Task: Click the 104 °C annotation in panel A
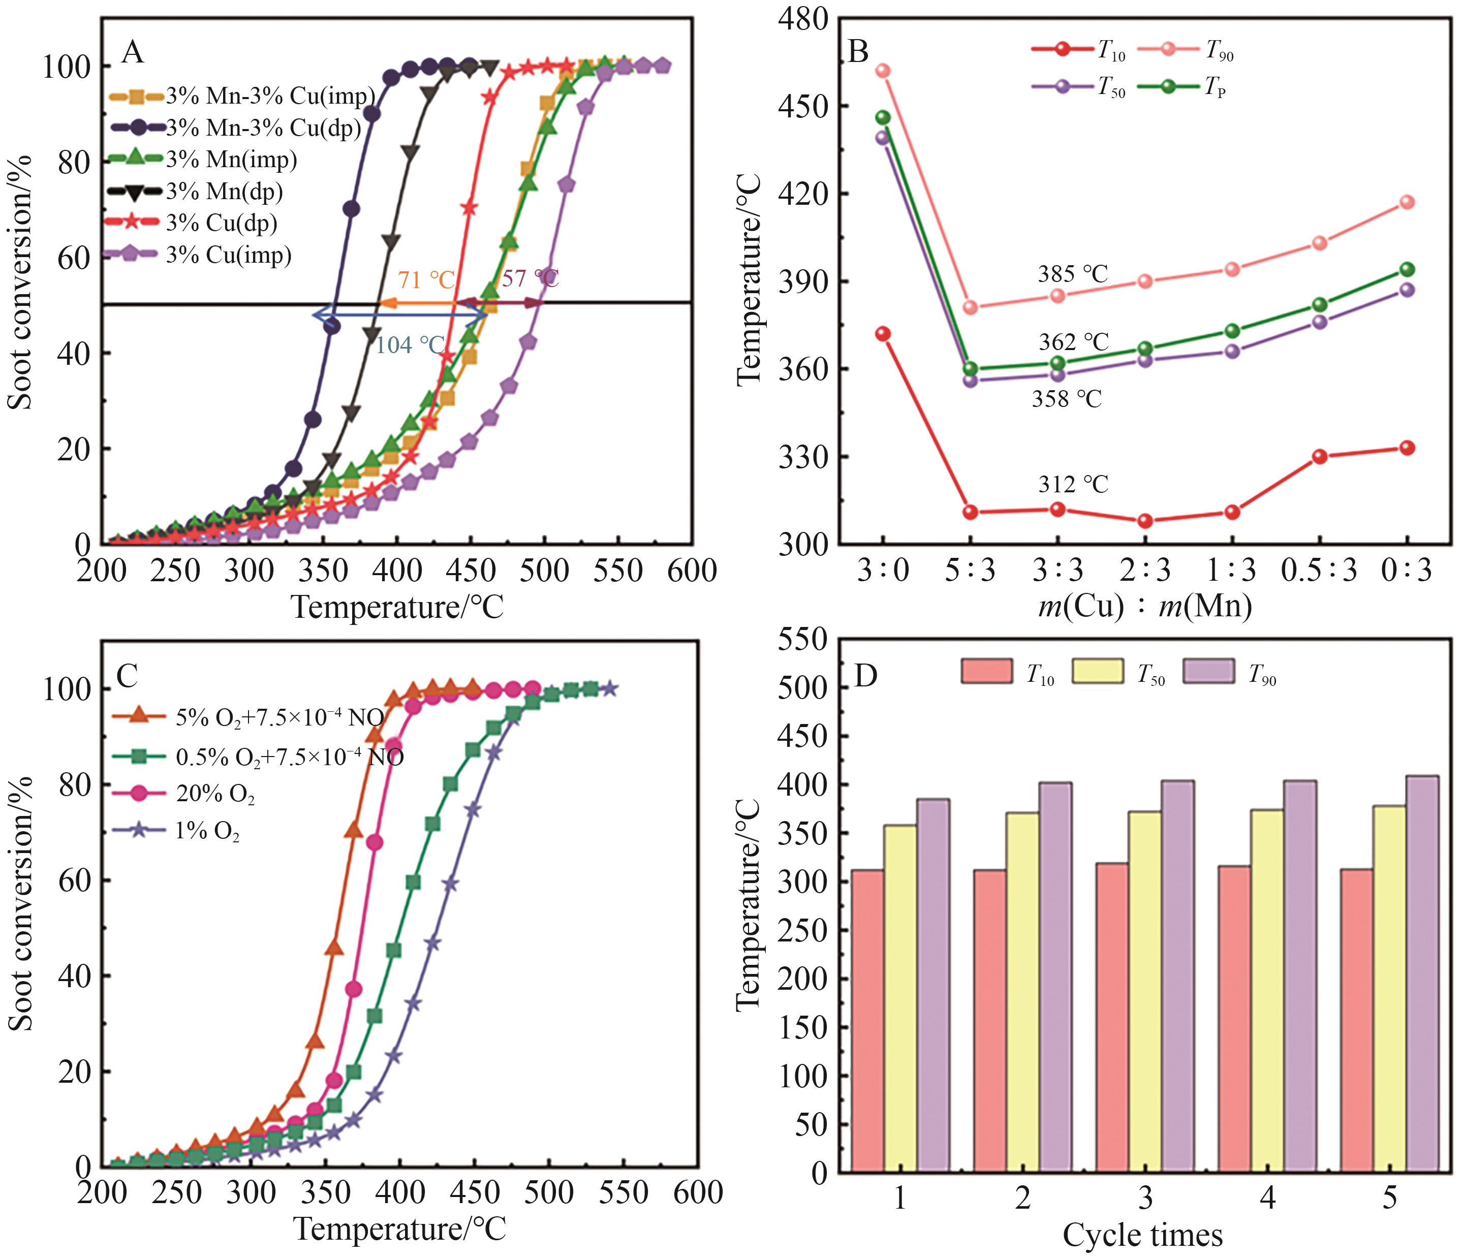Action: pos(411,344)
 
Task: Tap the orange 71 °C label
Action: pos(426,280)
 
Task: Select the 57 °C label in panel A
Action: pos(530,278)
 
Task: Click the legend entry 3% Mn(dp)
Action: pos(224,191)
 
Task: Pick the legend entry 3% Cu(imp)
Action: pos(229,255)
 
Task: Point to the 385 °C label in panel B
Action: pos(1072,273)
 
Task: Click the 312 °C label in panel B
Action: pos(1072,484)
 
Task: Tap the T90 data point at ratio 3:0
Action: pos(883,71)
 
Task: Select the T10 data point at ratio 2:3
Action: pos(1145,521)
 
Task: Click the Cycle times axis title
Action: pos(1142,1235)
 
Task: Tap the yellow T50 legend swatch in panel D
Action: pos(1097,671)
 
